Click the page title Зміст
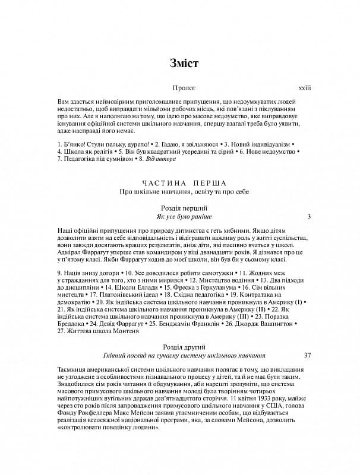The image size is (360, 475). (180, 62)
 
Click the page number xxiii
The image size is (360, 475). (304, 88)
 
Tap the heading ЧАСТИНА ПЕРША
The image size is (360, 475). (180, 183)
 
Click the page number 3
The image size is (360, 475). (309, 217)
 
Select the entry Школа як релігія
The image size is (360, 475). (81, 152)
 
